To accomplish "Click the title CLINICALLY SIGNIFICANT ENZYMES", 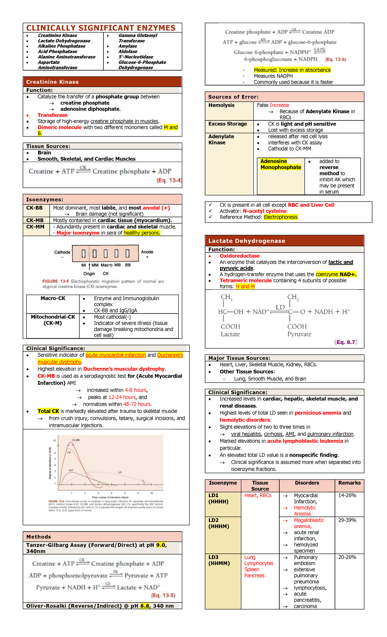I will [x=101, y=28].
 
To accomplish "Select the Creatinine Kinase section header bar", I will [x=102, y=82].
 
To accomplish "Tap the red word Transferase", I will [x=53, y=115].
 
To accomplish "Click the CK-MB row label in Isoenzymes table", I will [x=35, y=220].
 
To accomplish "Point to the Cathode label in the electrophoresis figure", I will [x=62, y=252].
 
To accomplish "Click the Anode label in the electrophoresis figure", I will [x=147, y=252].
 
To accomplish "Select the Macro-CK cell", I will [x=53, y=299].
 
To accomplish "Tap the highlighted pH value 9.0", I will [x=161, y=545].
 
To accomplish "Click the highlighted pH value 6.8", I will [x=145, y=606].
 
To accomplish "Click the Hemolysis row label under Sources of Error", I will [x=222, y=105].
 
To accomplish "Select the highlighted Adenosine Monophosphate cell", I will [x=281, y=164].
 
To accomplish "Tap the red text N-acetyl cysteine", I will [x=264, y=211].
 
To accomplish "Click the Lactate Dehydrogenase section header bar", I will [x=284, y=241].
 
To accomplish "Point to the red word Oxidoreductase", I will [x=240, y=256].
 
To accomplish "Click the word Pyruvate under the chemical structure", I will [x=299, y=334].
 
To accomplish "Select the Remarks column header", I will [x=349, y=483].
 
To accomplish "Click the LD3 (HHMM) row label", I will [x=219, y=560].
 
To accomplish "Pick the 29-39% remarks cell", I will [x=347, y=520].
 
